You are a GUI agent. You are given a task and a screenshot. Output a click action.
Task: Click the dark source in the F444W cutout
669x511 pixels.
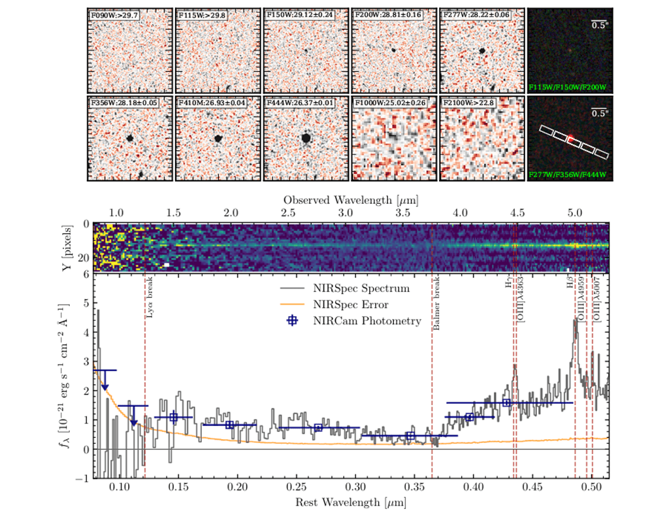click(306, 138)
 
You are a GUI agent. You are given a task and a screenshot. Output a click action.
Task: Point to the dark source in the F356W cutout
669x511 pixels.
click(130, 138)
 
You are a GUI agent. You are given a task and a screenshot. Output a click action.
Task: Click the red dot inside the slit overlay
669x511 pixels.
click(570, 138)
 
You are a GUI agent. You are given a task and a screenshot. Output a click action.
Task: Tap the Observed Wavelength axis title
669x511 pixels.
click(351, 198)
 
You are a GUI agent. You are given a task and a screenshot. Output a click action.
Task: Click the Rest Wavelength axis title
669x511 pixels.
click(351, 502)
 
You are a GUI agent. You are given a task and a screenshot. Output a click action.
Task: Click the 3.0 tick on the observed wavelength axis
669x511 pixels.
click(346, 213)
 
